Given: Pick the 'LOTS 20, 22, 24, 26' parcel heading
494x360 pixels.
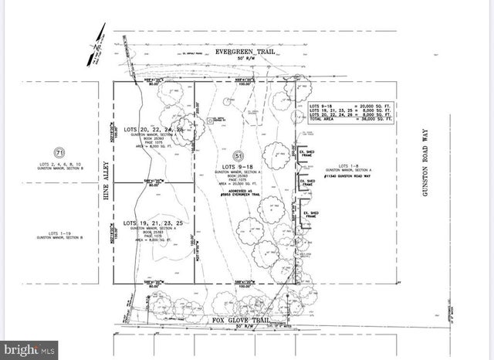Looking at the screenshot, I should pyautogui.click(x=154, y=129).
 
